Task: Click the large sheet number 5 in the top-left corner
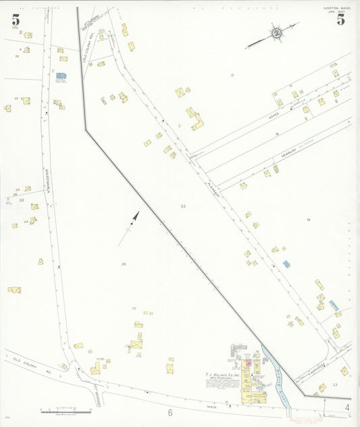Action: click(16, 20)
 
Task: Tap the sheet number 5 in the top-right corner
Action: click(341, 20)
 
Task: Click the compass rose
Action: click(276, 33)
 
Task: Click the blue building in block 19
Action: click(286, 263)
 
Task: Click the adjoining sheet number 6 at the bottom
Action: click(171, 412)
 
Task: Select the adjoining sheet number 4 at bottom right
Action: click(347, 407)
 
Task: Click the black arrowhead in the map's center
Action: click(136, 216)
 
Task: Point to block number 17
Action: click(232, 75)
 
